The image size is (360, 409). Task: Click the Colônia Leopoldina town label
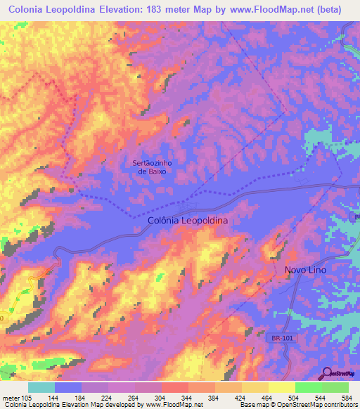188,220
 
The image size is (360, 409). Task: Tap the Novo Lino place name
306,270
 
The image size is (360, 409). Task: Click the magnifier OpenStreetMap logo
328,374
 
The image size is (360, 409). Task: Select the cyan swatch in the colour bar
41,387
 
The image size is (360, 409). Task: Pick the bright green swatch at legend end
335,387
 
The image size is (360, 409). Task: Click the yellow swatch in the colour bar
282,387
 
